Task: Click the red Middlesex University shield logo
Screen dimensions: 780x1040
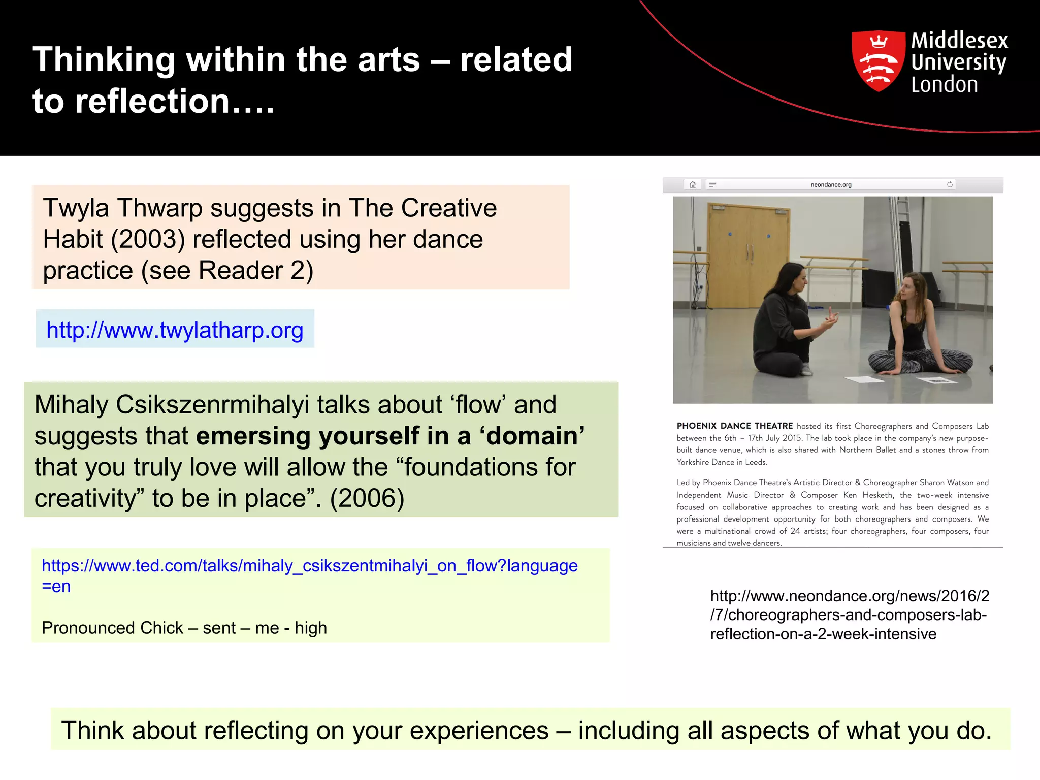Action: [x=878, y=60]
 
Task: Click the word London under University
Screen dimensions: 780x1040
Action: [x=944, y=85]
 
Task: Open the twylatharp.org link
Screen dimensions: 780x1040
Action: [x=175, y=330]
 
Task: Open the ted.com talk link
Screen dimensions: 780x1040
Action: [x=309, y=566]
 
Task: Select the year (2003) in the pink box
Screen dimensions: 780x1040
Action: [x=148, y=239]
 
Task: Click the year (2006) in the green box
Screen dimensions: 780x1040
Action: [x=367, y=498]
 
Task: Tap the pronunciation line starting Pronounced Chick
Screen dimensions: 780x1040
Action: [x=184, y=628]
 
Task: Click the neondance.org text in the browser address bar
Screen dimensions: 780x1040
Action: [x=831, y=185]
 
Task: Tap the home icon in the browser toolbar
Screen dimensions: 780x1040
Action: [x=693, y=184]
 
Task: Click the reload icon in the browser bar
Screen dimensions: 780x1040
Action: [x=950, y=184]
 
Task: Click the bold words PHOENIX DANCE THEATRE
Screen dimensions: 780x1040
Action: [x=734, y=426]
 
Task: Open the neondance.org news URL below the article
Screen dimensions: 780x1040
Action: [x=849, y=615]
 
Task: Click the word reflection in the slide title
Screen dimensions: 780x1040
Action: [x=152, y=101]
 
